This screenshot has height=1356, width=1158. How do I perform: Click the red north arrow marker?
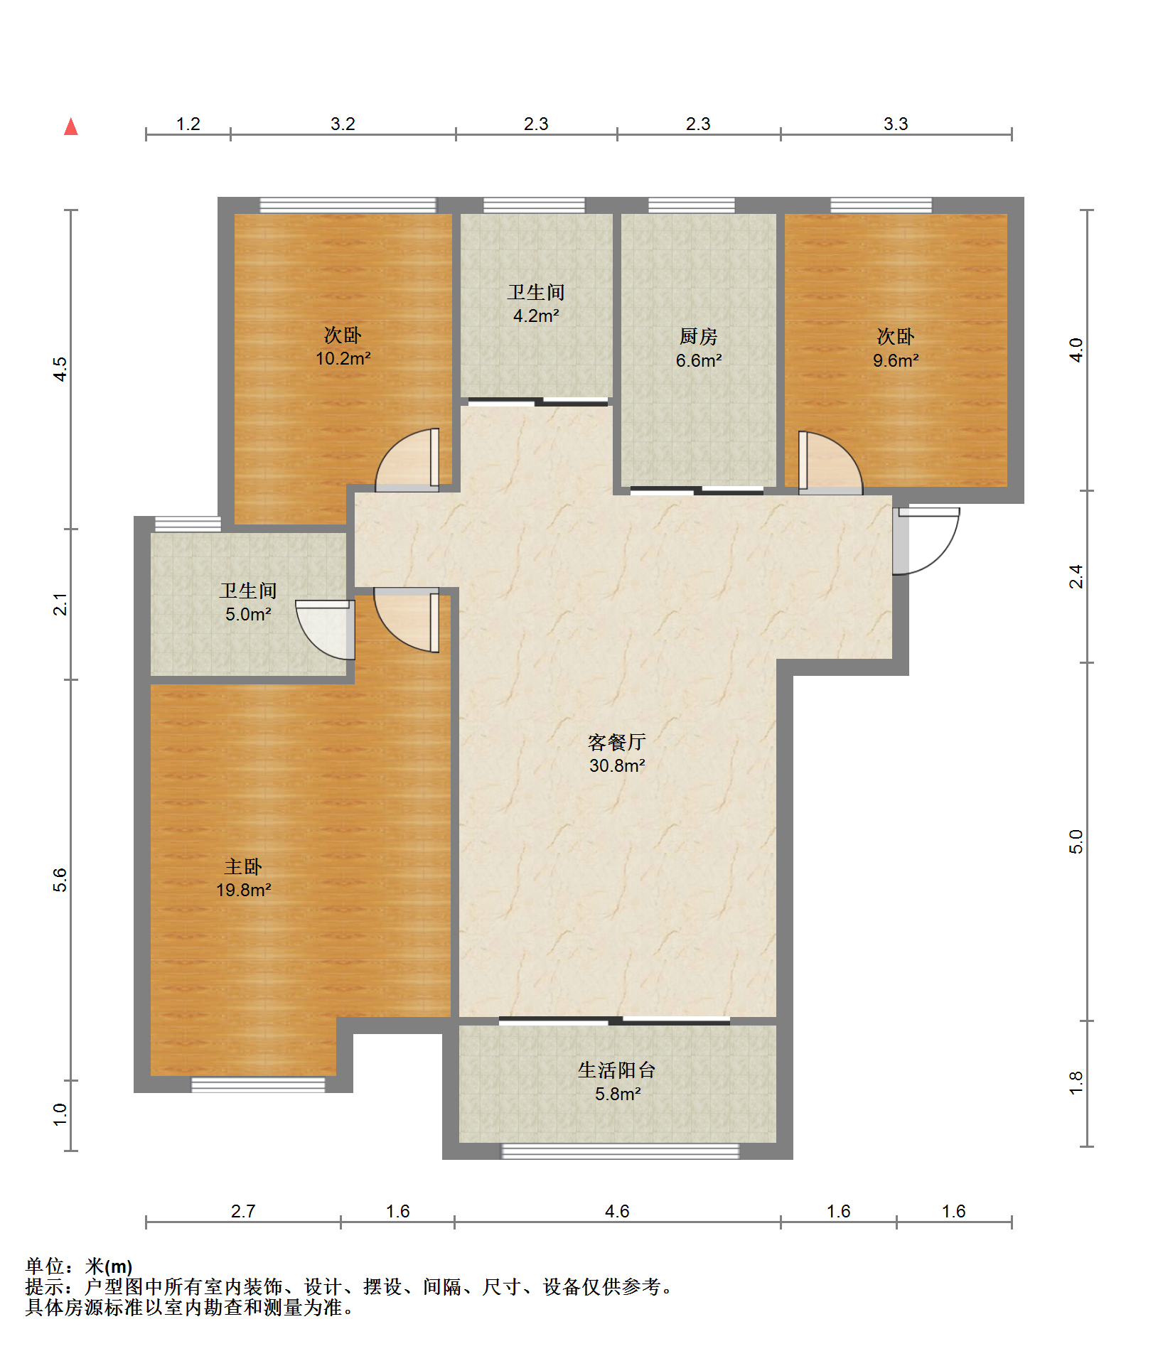(x=70, y=127)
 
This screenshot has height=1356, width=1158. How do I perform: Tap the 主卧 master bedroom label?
(x=243, y=866)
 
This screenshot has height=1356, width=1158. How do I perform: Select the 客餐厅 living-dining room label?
(x=616, y=742)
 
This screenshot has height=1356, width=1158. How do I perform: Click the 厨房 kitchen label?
(x=698, y=336)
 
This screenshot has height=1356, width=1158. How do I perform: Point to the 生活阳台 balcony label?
(x=616, y=1070)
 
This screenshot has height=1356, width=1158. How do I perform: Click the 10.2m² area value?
(x=343, y=358)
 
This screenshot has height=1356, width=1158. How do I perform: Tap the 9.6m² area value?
(x=896, y=360)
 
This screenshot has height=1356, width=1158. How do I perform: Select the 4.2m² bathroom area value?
(x=536, y=316)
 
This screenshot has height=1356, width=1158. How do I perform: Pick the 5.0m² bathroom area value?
(x=248, y=614)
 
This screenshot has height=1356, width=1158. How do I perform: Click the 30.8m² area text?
(x=617, y=765)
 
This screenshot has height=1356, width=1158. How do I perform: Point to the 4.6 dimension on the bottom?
(x=617, y=1211)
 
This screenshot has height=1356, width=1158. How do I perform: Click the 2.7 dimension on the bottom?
(x=243, y=1211)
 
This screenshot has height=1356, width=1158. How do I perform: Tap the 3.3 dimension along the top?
(x=896, y=124)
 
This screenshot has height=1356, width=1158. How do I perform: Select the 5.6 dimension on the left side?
(x=60, y=880)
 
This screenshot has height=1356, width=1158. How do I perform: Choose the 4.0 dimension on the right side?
(x=1076, y=350)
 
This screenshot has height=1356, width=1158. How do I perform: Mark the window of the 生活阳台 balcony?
(x=621, y=1151)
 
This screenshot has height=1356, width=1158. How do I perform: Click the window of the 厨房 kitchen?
(x=692, y=205)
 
